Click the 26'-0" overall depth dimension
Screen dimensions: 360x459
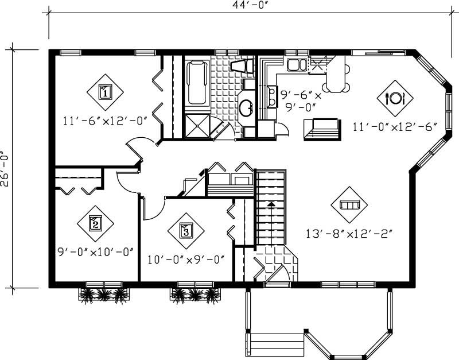6,168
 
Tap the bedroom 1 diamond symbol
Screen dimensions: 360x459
105,91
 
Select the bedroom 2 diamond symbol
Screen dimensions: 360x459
95,223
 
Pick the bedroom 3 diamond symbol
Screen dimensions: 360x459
186,231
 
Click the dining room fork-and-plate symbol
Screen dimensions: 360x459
395,97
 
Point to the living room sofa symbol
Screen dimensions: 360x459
349,205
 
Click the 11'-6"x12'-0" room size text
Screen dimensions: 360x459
106,121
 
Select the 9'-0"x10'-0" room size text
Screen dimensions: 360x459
95,251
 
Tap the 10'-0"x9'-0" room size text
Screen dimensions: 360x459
185,259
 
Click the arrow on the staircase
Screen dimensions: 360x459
270,203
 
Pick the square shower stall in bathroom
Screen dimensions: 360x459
197,125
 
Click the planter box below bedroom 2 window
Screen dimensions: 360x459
104,295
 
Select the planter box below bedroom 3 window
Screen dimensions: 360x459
195,295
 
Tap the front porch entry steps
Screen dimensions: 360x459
275,345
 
